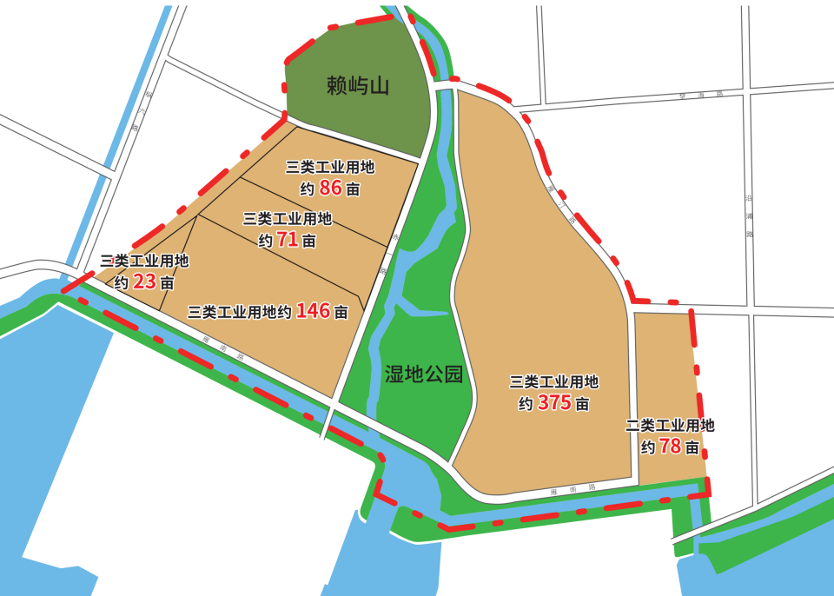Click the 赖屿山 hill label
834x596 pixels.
[358, 85]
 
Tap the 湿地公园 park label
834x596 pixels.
[422, 374]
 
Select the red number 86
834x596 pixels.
[331, 188]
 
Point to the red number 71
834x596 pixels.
[288, 240]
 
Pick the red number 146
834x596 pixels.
[314, 310]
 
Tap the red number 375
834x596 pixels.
[554, 403]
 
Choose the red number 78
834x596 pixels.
[670, 447]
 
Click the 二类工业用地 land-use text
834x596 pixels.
[670, 426]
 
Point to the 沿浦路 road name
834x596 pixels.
[750, 216]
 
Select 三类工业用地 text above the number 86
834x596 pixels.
[330, 167]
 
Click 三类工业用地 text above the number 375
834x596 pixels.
[554, 381]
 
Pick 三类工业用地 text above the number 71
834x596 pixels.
[288, 218]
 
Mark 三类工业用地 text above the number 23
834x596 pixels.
[144, 261]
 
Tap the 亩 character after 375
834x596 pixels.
[582, 405]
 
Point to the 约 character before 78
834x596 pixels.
[648, 447]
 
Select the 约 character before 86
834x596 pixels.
[307, 189]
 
